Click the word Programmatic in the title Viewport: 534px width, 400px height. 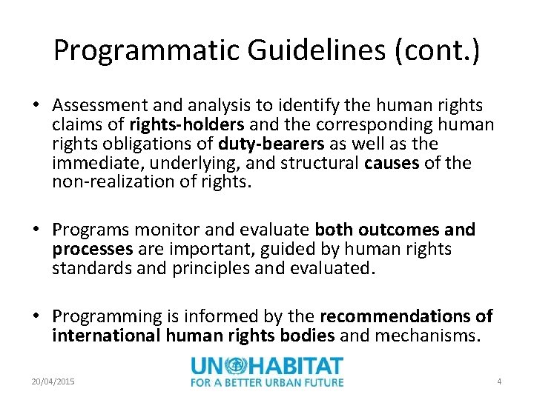(x=148, y=50)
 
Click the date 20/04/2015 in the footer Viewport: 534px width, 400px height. (x=52, y=381)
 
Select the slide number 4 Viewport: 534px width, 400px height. (x=499, y=381)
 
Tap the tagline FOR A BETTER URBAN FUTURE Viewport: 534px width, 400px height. (x=267, y=382)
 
